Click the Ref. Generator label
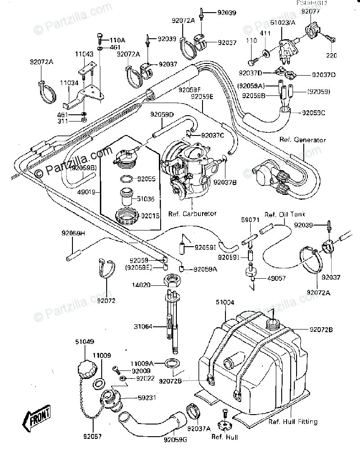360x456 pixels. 302,140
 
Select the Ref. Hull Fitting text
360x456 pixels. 293,422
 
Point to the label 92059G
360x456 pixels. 175,439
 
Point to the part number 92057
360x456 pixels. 93,436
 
